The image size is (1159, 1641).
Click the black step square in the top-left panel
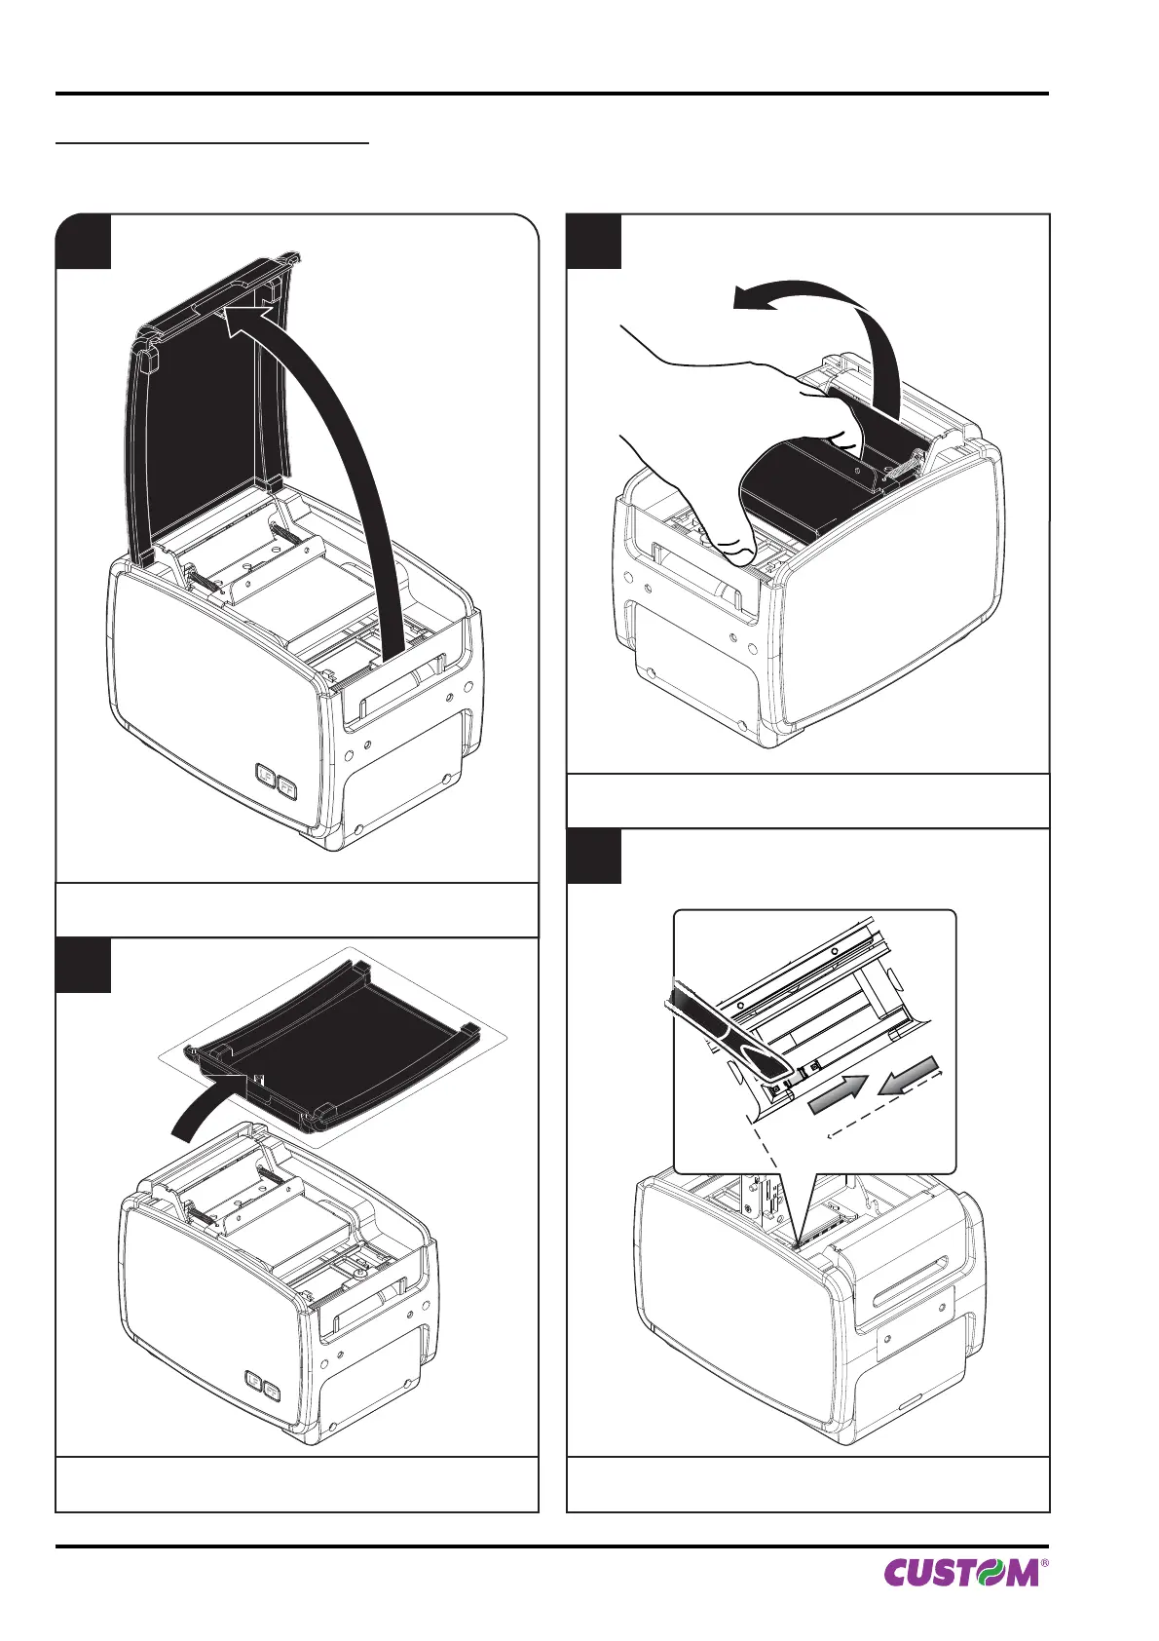click(x=83, y=241)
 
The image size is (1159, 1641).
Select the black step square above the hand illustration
click(x=594, y=241)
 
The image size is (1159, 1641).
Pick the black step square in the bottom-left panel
click(x=83, y=966)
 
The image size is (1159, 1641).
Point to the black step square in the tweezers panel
click(x=594, y=856)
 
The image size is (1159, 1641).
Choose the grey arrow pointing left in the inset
click(x=908, y=1075)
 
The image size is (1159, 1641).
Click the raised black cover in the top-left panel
click(x=200, y=419)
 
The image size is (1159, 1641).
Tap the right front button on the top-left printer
click(x=287, y=786)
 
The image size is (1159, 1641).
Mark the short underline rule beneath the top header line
click(x=212, y=143)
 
